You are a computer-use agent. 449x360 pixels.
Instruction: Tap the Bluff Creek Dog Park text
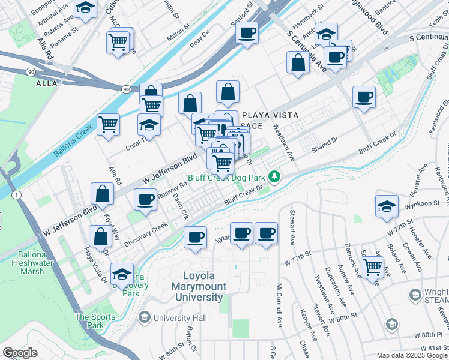point(226,178)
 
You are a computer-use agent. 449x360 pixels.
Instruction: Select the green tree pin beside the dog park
point(274,176)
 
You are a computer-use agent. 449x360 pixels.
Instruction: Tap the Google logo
point(20,353)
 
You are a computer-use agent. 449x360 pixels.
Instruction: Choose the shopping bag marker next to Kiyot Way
point(103,194)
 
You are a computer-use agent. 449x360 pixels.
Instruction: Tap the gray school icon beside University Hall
point(144,317)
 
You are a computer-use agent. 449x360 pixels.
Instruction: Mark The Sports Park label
point(90,321)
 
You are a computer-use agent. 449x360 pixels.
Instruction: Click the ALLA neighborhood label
point(47,83)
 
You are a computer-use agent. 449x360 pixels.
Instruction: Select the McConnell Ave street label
point(280,312)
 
